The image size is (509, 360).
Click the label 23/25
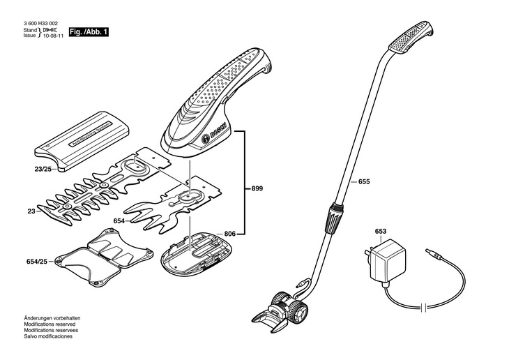[x=43, y=168]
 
